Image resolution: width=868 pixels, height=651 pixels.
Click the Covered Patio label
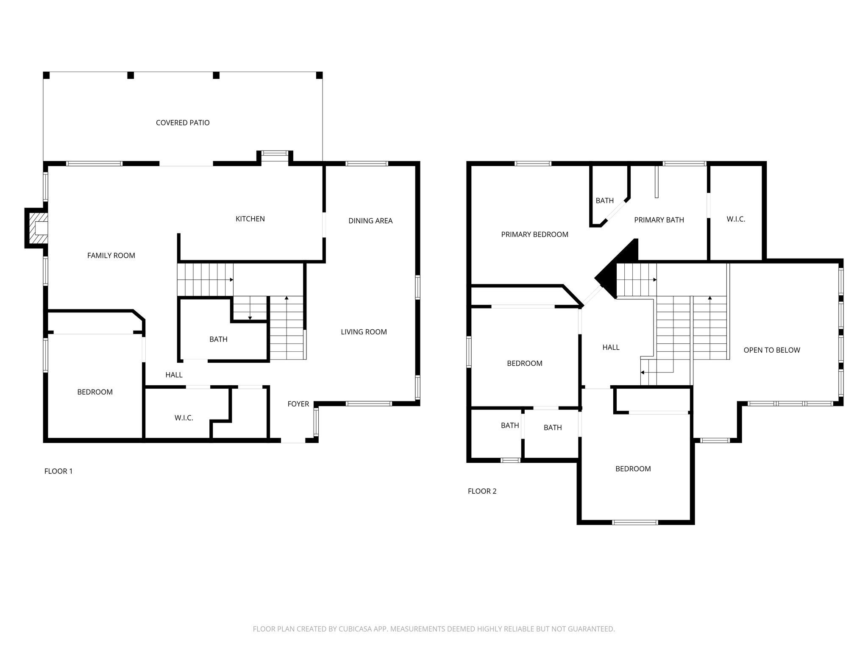(183, 123)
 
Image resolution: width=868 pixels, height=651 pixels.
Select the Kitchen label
(250, 219)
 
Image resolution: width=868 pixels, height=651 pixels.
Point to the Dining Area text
(370, 221)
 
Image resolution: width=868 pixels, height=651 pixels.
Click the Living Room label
(364, 332)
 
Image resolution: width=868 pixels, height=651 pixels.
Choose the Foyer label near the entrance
(298, 404)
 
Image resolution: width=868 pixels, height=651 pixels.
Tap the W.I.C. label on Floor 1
(184, 418)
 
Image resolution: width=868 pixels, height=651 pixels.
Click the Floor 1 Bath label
(218, 339)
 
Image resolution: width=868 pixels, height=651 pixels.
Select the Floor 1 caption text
(58, 471)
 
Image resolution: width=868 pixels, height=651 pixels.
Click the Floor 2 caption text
(482, 491)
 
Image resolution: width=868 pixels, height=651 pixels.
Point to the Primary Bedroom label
(534, 235)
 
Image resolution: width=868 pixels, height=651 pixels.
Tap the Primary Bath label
(659, 220)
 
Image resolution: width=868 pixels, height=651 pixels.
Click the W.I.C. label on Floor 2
(735, 220)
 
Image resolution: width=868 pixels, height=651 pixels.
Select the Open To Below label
(771, 351)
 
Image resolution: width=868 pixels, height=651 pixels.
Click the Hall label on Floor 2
(611, 348)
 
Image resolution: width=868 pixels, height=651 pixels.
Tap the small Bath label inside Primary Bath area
(604, 201)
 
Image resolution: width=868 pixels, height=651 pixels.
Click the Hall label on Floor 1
(174, 375)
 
